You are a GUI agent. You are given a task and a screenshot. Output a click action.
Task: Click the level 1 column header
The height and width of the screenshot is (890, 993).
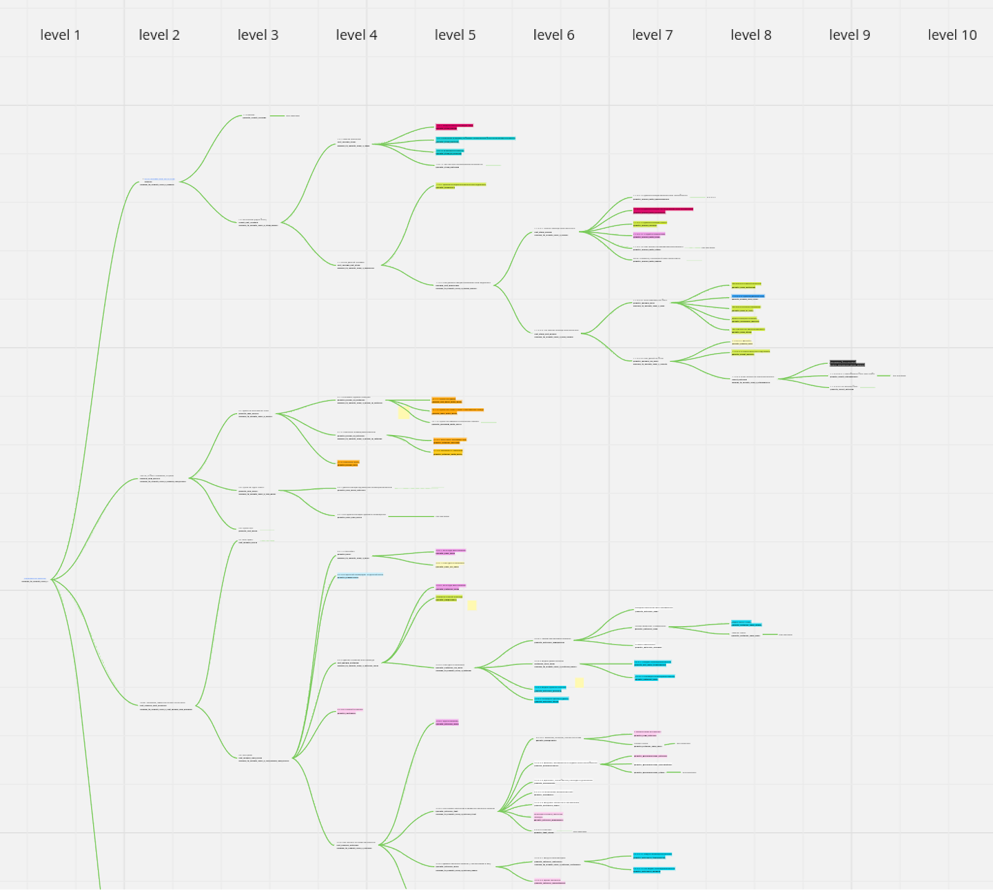coord(60,35)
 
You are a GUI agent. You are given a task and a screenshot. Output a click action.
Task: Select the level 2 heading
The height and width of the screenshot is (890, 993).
coord(160,35)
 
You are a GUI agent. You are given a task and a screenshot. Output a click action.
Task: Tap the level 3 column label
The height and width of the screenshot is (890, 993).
coord(258,35)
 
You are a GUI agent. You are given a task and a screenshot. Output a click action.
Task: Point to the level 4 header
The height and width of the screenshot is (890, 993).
coord(357,35)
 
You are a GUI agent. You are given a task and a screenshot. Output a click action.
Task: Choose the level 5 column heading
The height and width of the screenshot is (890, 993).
coord(456,35)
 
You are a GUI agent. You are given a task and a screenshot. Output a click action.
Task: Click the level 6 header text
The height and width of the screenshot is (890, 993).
coord(554,35)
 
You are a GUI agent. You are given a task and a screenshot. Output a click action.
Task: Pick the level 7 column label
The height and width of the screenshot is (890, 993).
coord(652,35)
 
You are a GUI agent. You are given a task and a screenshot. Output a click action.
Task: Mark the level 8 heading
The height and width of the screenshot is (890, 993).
coord(751,35)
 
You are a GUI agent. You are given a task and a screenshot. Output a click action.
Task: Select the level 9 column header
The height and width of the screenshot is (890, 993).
coord(850,35)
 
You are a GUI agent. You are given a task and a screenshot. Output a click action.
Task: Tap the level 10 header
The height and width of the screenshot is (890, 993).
coord(952,35)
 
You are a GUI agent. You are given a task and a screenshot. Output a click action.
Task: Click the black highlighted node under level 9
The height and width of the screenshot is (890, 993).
coord(847,363)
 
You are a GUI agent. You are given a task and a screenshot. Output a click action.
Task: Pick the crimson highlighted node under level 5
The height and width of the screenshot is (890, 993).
coord(454,127)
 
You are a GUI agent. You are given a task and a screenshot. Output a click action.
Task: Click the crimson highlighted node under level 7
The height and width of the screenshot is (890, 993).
coord(662,210)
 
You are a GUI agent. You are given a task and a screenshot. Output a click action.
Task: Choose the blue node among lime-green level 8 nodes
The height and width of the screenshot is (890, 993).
coord(748,297)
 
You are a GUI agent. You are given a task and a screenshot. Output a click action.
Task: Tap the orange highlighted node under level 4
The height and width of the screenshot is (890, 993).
coord(348,463)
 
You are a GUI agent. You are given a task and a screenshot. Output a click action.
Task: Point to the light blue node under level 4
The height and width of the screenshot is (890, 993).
coord(360,576)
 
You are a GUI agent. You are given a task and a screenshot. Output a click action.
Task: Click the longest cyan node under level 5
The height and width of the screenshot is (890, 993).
coord(475,140)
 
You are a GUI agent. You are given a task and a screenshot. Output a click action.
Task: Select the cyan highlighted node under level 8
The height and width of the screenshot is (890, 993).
coord(746,623)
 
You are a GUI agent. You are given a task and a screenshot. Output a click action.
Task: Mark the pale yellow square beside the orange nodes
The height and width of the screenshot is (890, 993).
coord(403,413)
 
